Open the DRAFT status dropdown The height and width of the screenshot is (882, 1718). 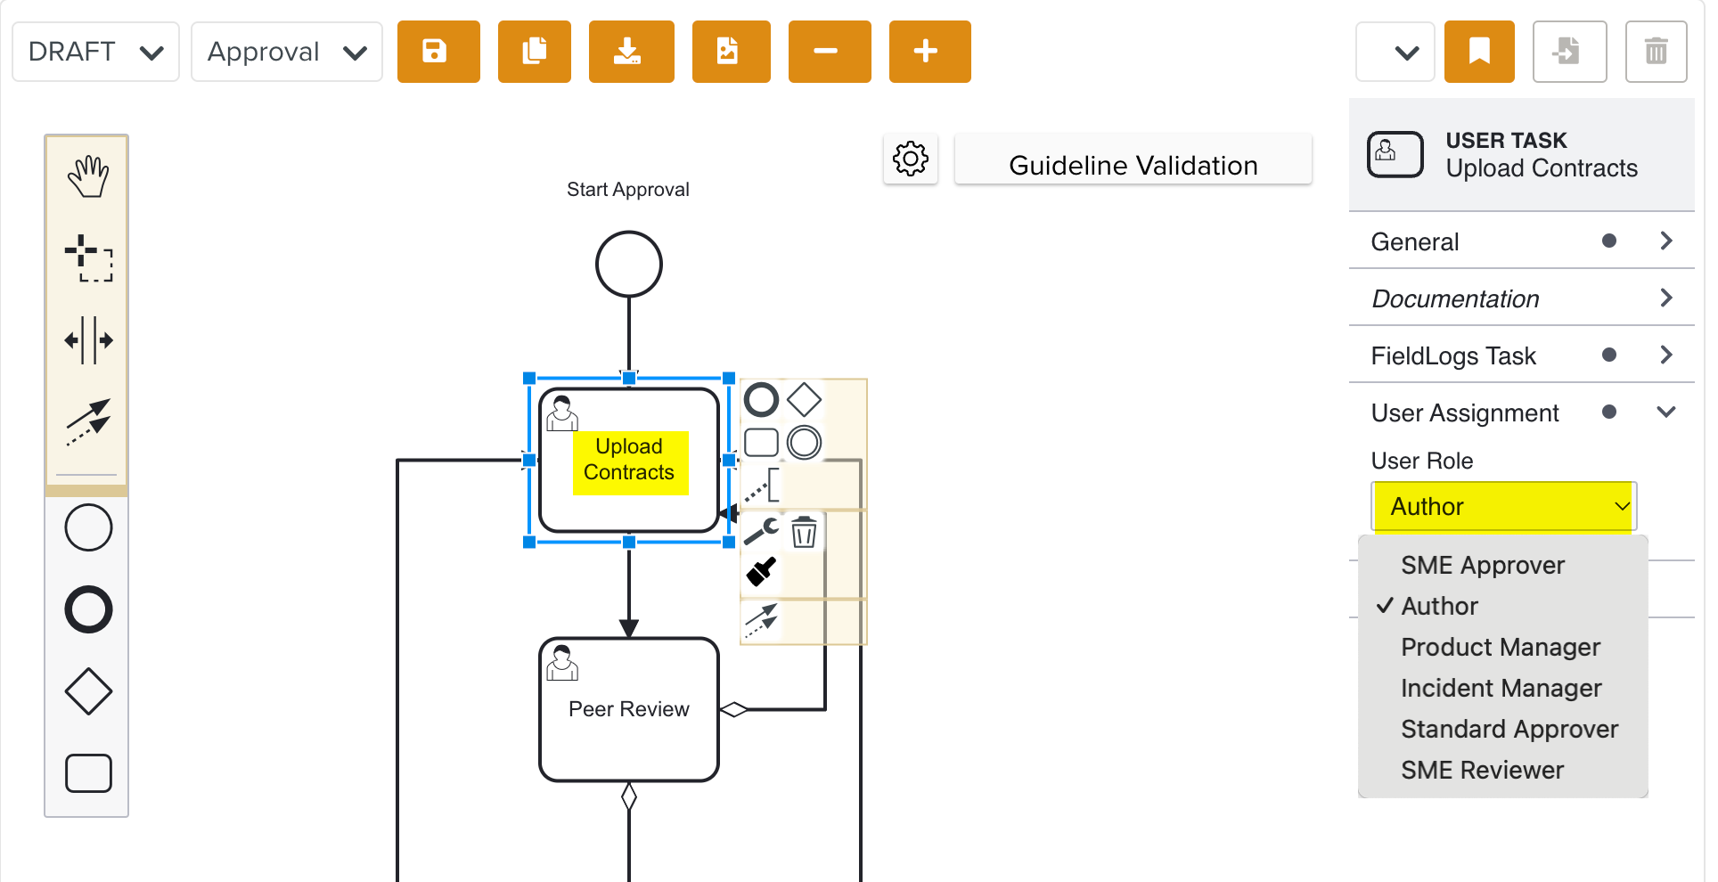tap(95, 52)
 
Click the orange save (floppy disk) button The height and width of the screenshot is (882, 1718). tap(438, 52)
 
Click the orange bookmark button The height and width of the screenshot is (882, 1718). tap(1478, 52)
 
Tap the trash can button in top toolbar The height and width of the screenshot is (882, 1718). tap(1655, 52)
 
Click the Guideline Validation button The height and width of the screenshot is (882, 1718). tap(1132, 165)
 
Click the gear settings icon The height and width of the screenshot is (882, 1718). tap(910, 159)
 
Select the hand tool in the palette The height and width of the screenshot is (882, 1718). tap(87, 176)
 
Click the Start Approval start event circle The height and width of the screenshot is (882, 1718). tap(628, 264)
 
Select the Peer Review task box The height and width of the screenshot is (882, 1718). tap(628, 709)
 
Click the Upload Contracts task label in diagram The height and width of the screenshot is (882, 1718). tap(629, 460)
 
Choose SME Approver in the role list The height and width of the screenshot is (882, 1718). tap(1482, 565)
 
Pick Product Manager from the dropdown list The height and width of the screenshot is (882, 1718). tap(1500, 647)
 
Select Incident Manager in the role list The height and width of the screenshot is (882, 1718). tap(1501, 688)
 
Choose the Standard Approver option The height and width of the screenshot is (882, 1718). tap(1509, 729)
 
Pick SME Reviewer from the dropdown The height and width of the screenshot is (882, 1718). tap(1482, 770)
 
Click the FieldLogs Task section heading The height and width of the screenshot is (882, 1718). tap(1453, 355)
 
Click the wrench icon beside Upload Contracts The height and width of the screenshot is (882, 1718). tap(761, 532)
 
